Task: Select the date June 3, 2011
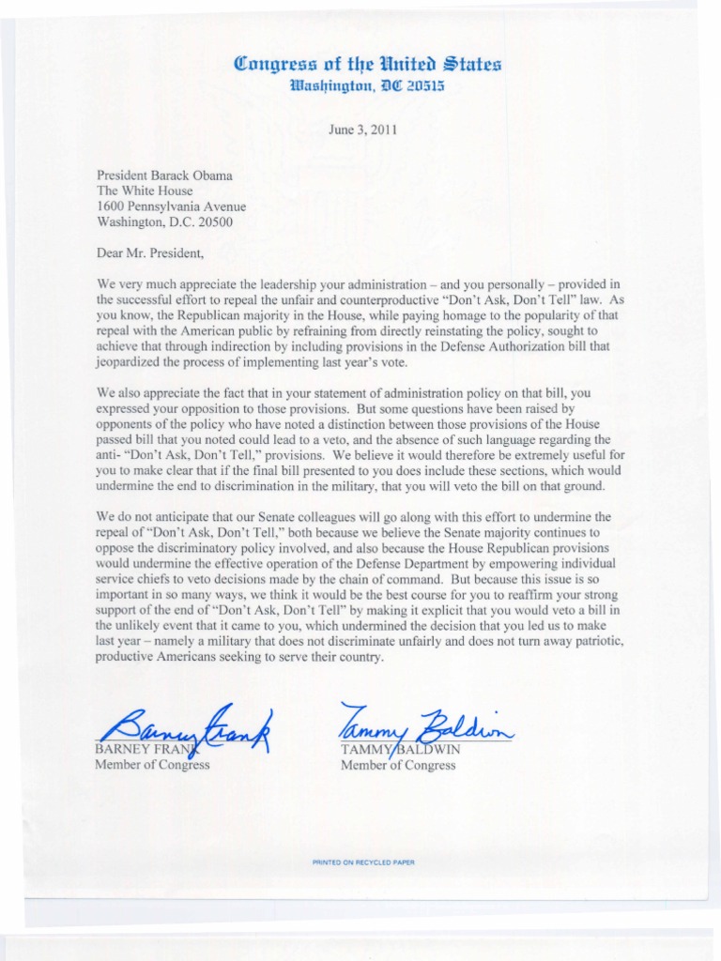point(365,130)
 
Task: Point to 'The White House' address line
point(145,191)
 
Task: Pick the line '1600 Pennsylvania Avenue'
point(172,206)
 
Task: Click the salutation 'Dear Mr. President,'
point(149,252)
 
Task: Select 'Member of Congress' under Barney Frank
point(152,765)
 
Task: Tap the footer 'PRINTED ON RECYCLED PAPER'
point(362,862)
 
